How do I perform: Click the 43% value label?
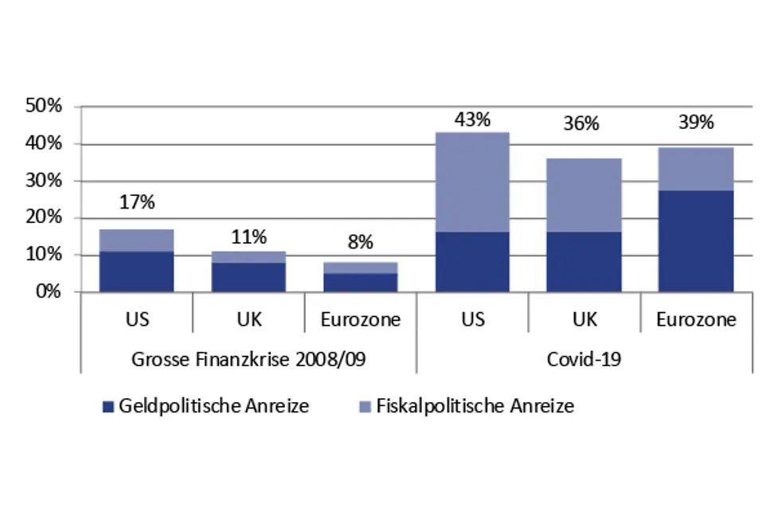(472, 120)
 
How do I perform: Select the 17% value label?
(137, 202)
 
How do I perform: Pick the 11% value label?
(248, 236)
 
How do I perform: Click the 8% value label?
(360, 243)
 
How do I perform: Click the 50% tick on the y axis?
(53, 107)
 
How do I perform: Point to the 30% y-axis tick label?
(53, 181)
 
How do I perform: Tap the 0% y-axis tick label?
(57, 291)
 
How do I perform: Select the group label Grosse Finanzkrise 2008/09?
(248, 358)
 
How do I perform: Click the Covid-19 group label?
(584, 358)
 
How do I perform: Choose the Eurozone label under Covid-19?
(696, 320)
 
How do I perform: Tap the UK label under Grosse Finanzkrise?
(248, 320)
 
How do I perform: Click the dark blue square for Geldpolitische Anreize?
(109, 407)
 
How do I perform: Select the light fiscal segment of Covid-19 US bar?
(472, 182)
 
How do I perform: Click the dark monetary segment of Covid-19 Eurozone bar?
(696, 240)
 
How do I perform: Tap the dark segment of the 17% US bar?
(137, 272)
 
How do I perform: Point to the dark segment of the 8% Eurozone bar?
(360, 283)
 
